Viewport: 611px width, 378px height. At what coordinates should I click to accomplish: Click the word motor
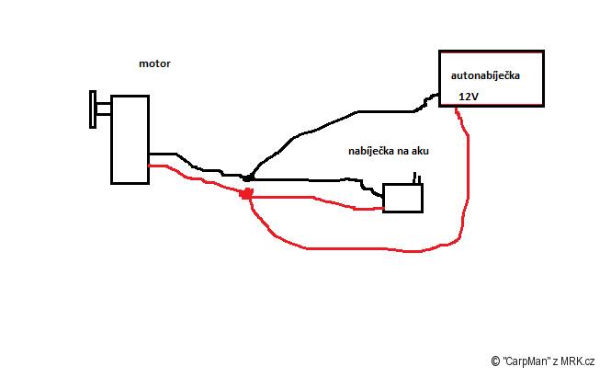click(154, 63)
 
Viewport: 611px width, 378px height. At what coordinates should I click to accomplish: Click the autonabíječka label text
click(485, 75)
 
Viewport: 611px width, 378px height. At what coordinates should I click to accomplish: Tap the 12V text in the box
click(469, 97)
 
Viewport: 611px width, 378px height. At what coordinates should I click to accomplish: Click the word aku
click(421, 151)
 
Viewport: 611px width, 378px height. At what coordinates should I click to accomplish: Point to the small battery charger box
click(403, 198)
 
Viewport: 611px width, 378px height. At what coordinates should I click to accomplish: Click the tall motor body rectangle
click(130, 139)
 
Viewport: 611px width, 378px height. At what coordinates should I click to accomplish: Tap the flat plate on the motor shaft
click(93, 109)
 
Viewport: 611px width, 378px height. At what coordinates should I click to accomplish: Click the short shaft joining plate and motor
click(104, 109)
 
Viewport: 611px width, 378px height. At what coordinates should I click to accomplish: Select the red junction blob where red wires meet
click(246, 193)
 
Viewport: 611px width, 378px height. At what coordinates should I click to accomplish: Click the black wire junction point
click(248, 178)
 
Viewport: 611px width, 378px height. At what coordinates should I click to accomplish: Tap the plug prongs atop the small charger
click(417, 178)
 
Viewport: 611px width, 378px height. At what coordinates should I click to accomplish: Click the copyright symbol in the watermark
click(495, 361)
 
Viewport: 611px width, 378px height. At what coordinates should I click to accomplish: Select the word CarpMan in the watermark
click(526, 361)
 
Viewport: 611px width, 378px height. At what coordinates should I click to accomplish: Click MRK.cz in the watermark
click(578, 361)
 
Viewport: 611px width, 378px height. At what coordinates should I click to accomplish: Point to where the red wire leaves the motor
click(150, 166)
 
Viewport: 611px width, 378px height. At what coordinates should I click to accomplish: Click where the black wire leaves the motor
click(150, 155)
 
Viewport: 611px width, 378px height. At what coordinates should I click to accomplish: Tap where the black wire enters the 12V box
click(439, 95)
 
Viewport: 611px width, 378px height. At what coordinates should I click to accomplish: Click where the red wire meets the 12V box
click(457, 107)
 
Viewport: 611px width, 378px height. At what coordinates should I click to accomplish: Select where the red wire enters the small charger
click(383, 209)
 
